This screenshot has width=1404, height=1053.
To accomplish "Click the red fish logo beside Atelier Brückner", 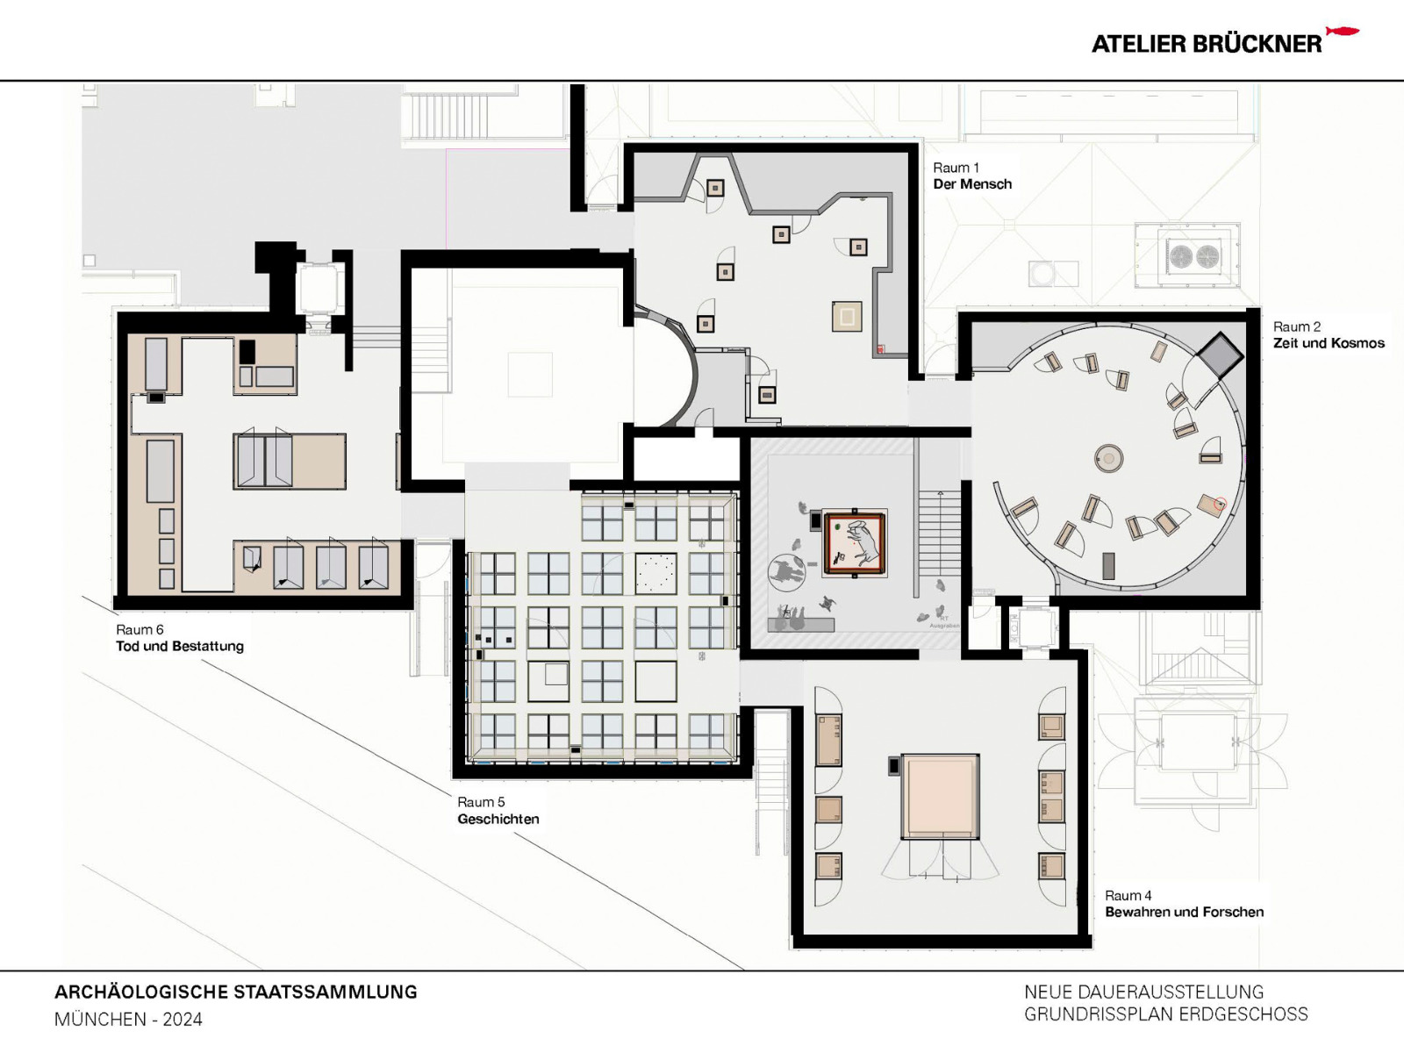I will (1342, 32).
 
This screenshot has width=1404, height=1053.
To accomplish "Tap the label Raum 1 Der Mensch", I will (971, 176).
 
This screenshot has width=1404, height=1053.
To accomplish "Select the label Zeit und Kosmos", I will (1329, 343).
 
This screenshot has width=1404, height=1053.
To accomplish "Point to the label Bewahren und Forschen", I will (1184, 912).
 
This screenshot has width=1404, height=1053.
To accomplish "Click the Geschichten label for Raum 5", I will (498, 819).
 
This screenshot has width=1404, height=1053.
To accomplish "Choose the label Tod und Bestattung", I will (180, 646).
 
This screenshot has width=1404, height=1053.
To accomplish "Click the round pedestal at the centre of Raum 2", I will (1109, 458).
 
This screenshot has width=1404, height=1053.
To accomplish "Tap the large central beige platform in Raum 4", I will (941, 796).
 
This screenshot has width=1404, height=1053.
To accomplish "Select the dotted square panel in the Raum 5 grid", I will (655, 574).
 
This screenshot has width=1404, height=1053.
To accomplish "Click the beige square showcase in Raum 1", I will (847, 316).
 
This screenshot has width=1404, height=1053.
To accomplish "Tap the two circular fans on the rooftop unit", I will (1194, 256).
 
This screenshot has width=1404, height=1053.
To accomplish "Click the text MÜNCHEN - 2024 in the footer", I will (128, 1020).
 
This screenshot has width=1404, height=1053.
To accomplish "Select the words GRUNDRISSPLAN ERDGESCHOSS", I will (1165, 1014).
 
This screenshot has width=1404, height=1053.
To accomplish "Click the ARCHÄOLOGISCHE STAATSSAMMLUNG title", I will (235, 992).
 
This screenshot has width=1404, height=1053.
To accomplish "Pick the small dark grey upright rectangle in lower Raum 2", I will (1108, 566).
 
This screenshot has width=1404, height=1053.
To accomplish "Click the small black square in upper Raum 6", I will (247, 352).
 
